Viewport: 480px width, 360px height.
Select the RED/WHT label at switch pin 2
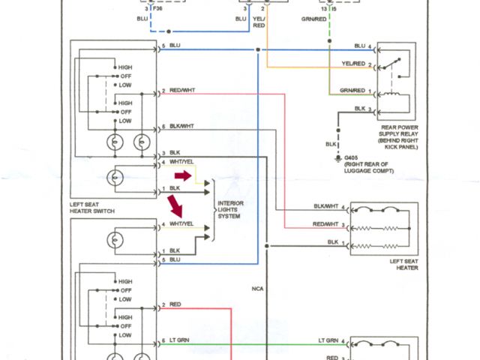(x=183, y=91)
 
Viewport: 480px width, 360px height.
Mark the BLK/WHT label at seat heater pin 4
(x=326, y=206)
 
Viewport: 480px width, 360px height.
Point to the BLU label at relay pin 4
(x=359, y=46)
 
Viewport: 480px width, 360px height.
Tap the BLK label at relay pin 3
(x=359, y=109)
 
